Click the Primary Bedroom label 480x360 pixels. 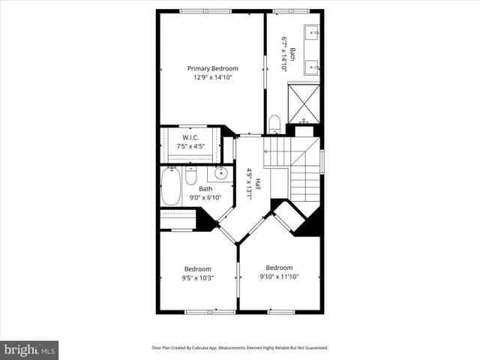[x=212, y=68]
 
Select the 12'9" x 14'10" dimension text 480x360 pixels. [x=212, y=77]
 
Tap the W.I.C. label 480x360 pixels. [x=189, y=137]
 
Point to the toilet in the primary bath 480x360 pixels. [x=274, y=122]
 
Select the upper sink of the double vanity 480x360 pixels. [x=313, y=32]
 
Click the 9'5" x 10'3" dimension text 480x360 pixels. [x=198, y=278]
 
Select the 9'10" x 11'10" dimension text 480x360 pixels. [x=279, y=277]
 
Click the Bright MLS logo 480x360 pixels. [x=30, y=349]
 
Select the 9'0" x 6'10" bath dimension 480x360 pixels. [x=205, y=198]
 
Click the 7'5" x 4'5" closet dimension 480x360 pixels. [x=189, y=146]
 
